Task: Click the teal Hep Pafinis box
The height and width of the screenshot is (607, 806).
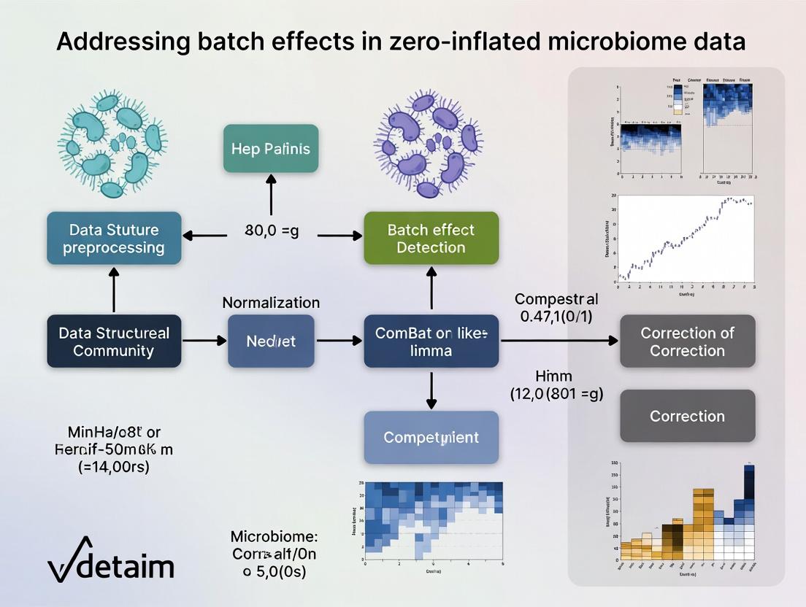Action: click(x=271, y=149)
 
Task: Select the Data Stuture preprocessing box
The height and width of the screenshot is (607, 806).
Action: click(x=114, y=239)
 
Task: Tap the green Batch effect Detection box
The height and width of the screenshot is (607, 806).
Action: click(x=431, y=239)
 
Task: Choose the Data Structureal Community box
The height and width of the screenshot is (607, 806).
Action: click(x=114, y=341)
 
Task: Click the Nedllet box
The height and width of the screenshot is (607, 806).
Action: click(x=271, y=341)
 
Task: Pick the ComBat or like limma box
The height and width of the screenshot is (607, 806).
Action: click(x=431, y=341)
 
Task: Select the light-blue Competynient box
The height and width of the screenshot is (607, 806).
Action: click(x=431, y=437)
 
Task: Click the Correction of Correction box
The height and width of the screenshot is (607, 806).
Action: click(x=687, y=341)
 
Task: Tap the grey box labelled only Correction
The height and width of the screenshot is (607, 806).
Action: click(x=687, y=416)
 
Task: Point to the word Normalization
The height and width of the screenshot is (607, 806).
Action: click(x=271, y=302)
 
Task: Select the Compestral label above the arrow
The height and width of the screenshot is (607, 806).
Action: click(x=556, y=299)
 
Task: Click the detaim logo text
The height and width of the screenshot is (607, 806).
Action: click(x=126, y=566)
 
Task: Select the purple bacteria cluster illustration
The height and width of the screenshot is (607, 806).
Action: click(x=429, y=144)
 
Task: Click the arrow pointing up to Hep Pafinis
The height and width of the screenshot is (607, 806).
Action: click(x=271, y=196)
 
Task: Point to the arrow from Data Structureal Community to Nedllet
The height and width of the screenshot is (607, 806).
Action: click(x=204, y=341)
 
